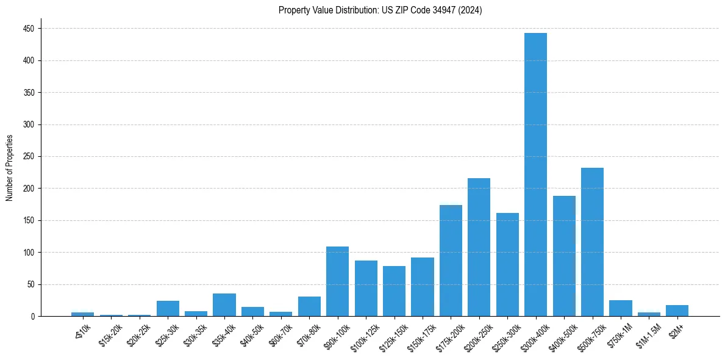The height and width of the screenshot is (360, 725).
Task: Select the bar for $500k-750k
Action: tap(592, 242)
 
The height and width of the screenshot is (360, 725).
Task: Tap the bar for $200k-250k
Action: tap(479, 247)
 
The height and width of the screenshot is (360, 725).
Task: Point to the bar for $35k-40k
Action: tap(224, 305)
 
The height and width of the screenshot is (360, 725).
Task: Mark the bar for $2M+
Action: tap(677, 311)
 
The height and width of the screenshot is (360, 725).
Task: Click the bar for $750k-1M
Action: tap(620, 308)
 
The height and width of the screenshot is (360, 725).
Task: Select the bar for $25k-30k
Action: tap(168, 308)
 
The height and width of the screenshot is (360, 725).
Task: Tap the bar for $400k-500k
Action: tap(564, 256)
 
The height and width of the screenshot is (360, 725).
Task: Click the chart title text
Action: tap(380, 10)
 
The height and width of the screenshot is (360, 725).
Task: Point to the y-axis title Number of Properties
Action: tap(10, 168)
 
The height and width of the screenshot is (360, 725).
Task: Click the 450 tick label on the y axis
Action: tap(29, 29)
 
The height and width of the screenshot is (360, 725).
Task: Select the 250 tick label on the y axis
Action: tap(29, 156)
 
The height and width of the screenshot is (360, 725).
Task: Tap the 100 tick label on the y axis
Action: tap(29, 252)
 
